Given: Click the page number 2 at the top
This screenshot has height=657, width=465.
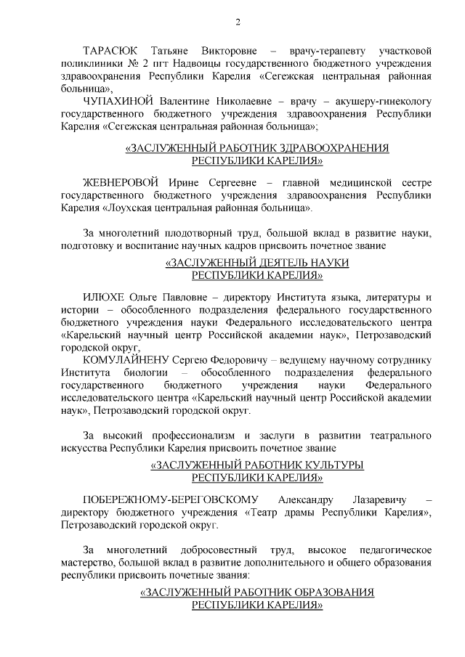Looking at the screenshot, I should pos(238,22).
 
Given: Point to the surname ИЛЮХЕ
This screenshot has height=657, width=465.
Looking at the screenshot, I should pos(104,298).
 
